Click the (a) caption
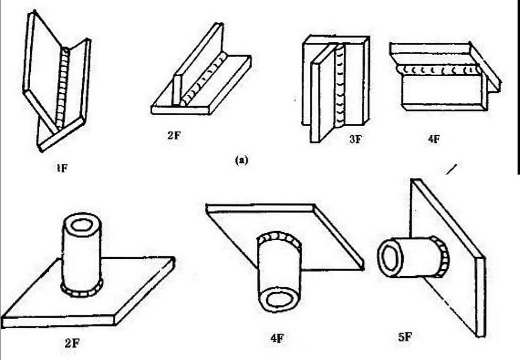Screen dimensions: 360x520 point(242,160)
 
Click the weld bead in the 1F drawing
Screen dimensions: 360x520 point(64,87)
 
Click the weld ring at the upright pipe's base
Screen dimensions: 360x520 point(82,291)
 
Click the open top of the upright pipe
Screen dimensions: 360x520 point(81,225)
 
